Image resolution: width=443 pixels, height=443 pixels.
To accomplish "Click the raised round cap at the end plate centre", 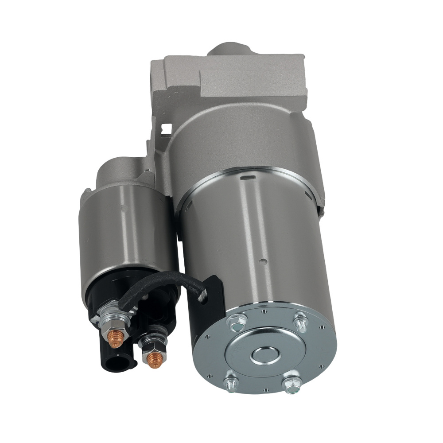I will [x=264, y=354].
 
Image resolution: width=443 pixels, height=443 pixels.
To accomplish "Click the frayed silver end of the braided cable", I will [x=203, y=295].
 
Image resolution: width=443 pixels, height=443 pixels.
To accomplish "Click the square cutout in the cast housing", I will [x=167, y=128].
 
